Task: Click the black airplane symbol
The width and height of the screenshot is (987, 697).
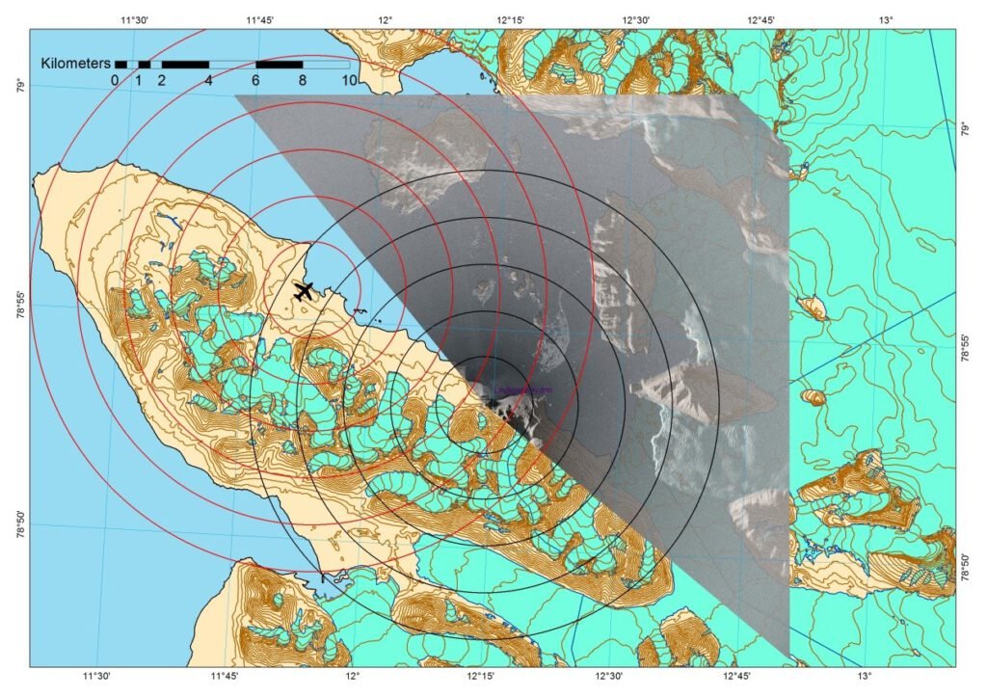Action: [304, 290]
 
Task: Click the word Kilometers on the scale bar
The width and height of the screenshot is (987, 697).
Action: [74, 63]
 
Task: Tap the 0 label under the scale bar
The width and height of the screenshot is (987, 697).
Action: [115, 80]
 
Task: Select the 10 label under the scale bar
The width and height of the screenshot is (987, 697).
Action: [350, 80]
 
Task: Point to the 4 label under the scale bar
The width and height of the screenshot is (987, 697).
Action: [208, 80]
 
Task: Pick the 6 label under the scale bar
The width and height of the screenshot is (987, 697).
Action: [256, 80]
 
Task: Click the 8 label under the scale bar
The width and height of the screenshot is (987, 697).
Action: [303, 80]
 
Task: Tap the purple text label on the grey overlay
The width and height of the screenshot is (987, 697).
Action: [521, 390]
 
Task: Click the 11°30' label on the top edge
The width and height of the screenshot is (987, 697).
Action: [134, 19]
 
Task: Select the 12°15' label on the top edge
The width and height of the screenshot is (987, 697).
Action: [511, 19]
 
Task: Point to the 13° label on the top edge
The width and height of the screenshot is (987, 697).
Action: [886, 19]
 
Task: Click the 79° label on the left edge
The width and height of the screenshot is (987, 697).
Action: [17, 88]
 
